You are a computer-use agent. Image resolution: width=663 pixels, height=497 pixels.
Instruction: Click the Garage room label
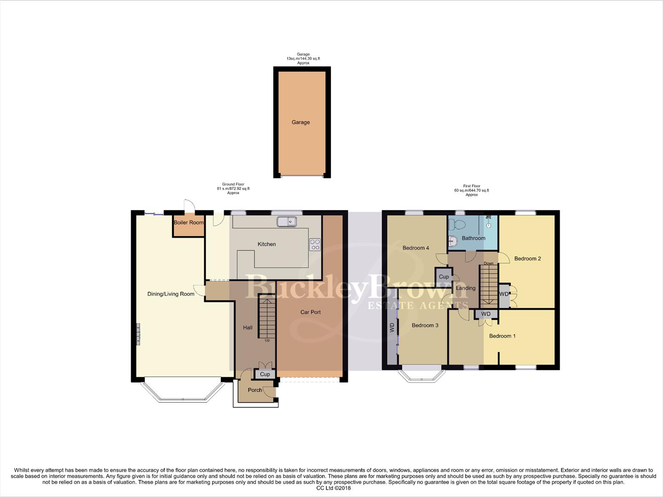point(300,122)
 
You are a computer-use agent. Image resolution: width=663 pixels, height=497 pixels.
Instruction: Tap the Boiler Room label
point(189,223)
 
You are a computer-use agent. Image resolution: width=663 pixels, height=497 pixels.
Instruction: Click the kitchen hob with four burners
point(315,244)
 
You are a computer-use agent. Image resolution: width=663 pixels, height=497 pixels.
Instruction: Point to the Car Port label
point(311,312)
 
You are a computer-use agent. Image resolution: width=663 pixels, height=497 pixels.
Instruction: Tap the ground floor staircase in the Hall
point(266,317)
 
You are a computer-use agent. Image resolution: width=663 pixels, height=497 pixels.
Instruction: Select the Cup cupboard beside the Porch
point(265,374)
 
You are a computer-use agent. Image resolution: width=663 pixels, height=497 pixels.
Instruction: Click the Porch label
point(255,390)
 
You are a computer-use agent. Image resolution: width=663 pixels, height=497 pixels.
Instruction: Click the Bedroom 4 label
point(416,248)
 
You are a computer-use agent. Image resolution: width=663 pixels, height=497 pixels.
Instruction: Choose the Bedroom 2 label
point(527,259)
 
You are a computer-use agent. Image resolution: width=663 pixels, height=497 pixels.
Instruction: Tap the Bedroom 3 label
point(425,325)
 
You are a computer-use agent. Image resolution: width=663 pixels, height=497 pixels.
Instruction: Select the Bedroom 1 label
point(502,336)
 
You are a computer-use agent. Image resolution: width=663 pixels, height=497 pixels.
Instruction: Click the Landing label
point(466,288)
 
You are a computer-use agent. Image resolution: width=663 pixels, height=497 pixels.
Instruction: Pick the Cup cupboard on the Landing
point(444,277)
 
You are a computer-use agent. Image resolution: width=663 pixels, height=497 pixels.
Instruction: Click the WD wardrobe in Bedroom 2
point(504,295)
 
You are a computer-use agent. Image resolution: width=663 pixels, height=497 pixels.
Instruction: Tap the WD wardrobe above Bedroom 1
point(486,314)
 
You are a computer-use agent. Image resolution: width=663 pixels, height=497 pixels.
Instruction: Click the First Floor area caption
point(472,190)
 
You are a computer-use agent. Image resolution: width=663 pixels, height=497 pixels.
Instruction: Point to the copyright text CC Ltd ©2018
point(331,488)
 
